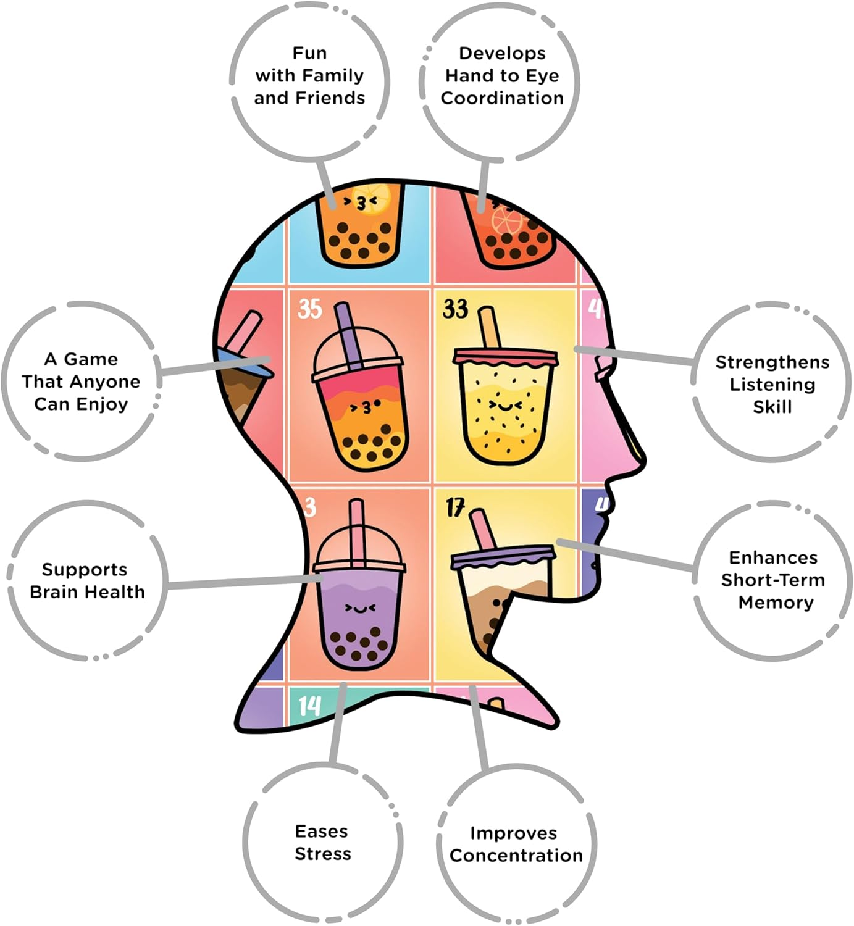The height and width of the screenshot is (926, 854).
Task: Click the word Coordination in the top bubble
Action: pos(502,98)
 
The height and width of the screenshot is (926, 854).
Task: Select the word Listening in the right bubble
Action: pos(772,385)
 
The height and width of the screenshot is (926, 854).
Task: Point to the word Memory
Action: pos(776,603)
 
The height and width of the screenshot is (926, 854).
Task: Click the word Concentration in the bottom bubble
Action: pos(516,856)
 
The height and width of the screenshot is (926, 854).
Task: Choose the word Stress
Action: pos(322,854)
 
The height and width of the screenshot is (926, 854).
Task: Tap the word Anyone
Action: pos(110,382)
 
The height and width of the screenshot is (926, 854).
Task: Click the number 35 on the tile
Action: pos(310,309)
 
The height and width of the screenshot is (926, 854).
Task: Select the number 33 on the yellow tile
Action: pos(456,309)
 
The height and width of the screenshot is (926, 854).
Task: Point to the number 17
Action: pos(455,508)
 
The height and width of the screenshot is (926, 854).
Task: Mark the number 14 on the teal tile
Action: pos(309,706)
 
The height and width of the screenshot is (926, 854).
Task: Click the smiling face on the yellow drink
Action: pos(504,405)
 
